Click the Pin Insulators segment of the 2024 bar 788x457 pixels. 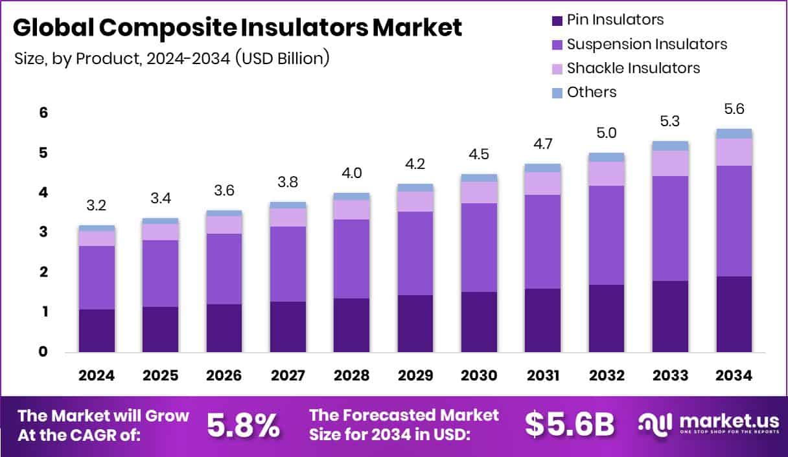(97, 331)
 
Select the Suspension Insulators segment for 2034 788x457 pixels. (734, 221)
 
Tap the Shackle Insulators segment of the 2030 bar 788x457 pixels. (479, 192)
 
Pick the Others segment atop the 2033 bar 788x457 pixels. (670, 146)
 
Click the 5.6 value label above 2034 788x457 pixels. (734, 110)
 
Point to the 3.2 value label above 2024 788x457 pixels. (97, 206)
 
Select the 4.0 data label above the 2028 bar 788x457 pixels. (351, 173)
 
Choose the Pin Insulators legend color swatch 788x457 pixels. (557, 20)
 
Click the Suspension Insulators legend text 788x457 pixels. (647, 44)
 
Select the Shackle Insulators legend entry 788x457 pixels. (633, 68)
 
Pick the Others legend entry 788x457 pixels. (591, 92)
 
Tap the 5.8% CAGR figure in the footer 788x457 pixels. (244, 425)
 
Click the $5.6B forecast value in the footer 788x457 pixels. (569, 425)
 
